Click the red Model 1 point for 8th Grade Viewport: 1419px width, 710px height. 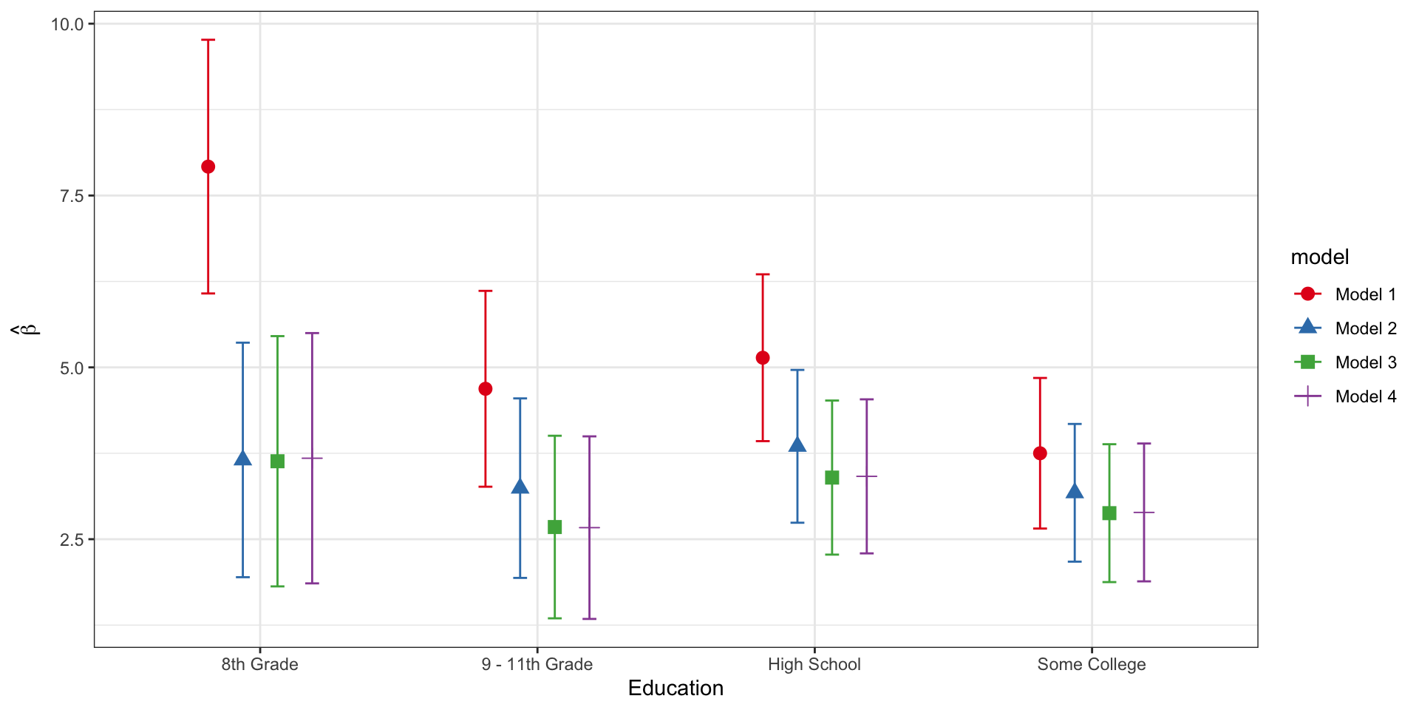click(x=208, y=167)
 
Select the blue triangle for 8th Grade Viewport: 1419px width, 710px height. click(x=242, y=459)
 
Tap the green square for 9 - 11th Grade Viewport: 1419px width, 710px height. click(x=554, y=527)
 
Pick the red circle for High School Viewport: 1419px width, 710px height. click(x=763, y=358)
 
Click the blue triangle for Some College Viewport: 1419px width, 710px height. click(x=1075, y=492)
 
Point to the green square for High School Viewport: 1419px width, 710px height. click(x=832, y=478)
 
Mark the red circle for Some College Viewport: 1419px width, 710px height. click(x=1040, y=453)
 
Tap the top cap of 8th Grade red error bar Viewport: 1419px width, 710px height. click(x=208, y=40)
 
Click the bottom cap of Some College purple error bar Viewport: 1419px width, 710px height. click(x=1144, y=581)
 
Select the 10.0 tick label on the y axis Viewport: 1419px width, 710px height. click(x=67, y=24)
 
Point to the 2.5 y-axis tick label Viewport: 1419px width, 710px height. click(x=72, y=540)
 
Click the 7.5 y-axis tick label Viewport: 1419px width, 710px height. click(x=72, y=196)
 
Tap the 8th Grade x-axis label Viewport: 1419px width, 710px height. click(x=259, y=664)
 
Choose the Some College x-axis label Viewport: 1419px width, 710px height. click(x=1092, y=664)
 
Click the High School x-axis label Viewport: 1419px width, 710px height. click(x=814, y=664)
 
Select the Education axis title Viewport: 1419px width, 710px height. click(x=676, y=689)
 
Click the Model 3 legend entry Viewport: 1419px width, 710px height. click(x=1365, y=362)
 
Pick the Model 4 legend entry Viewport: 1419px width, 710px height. click(x=1365, y=396)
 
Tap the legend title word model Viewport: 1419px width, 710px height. click(x=1319, y=257)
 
